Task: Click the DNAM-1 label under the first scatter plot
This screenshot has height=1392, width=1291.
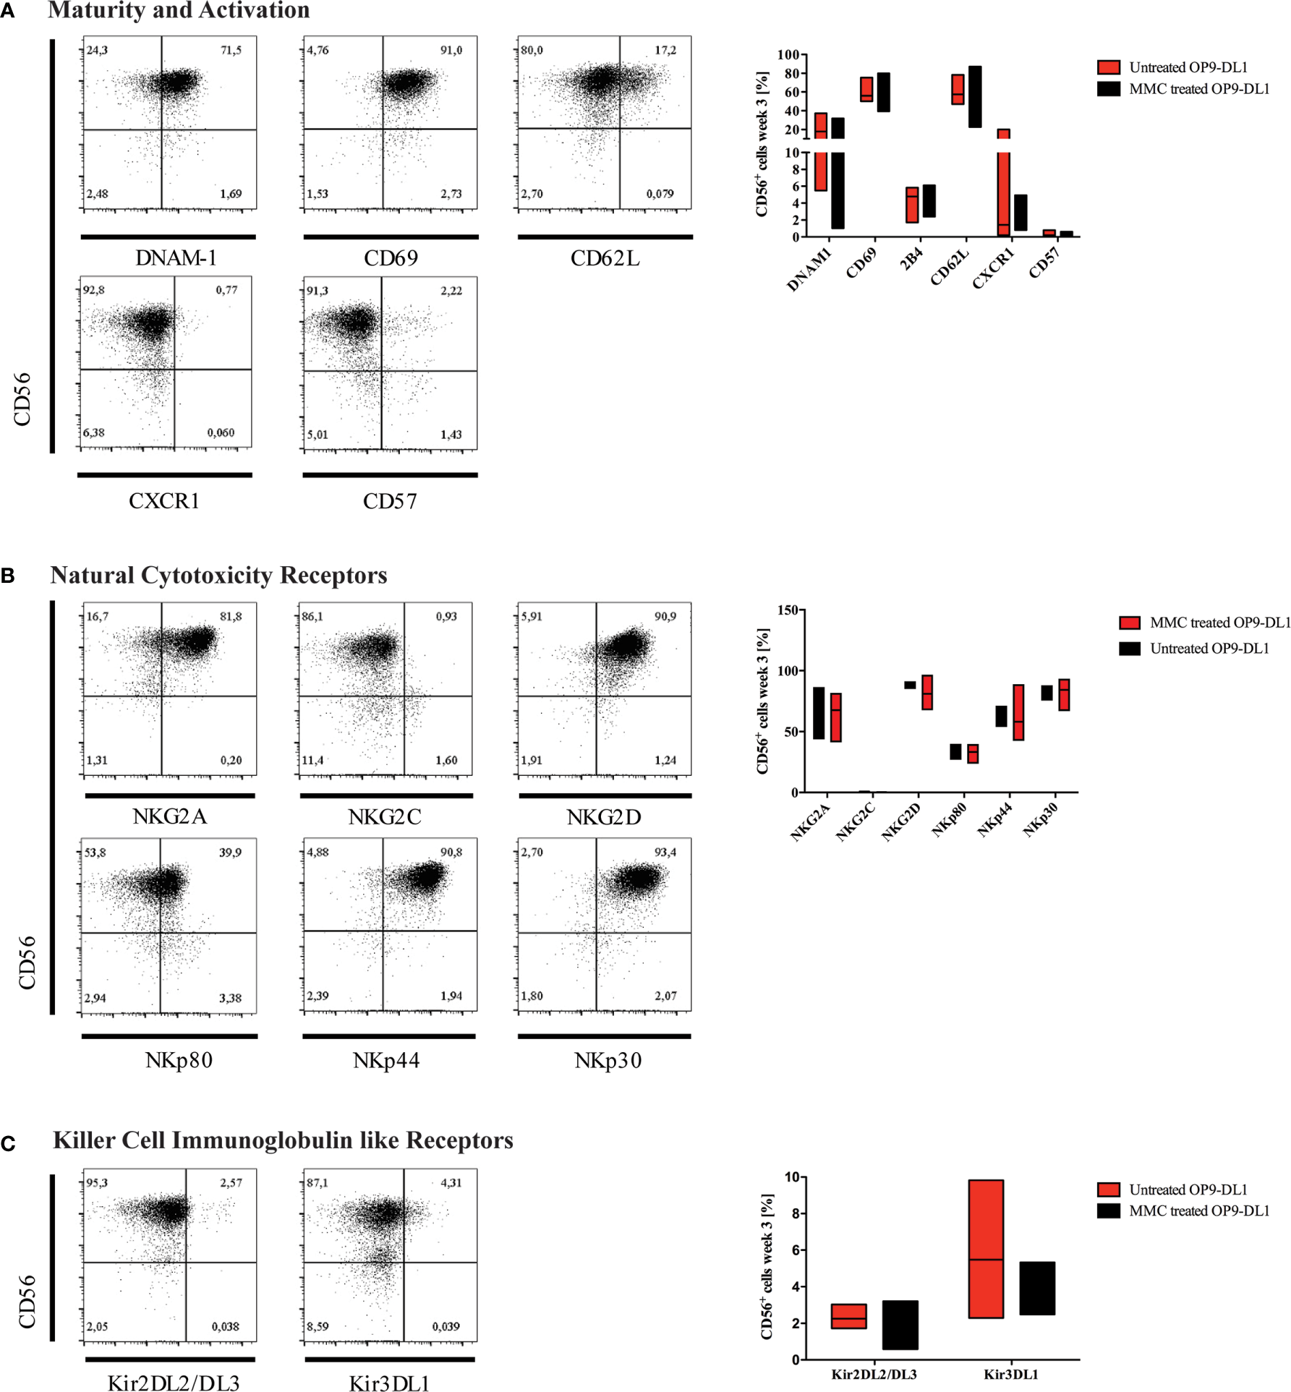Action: (176, 258)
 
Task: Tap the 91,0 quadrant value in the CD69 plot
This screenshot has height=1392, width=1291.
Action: (451, 51)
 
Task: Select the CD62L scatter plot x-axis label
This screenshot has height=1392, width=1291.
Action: (605, 258)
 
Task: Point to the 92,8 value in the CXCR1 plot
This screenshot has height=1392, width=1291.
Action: (93, 290)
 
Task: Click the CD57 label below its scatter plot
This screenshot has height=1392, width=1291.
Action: (390, 501)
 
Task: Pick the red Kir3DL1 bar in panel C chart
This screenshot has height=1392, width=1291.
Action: (985, 1250)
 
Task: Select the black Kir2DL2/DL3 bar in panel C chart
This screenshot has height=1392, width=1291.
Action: (900, 1325)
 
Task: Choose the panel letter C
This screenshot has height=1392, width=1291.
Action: (8, 1144)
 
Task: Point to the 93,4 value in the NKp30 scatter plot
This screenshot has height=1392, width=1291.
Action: (665, 853)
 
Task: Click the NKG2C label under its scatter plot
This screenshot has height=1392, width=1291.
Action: (384, 817)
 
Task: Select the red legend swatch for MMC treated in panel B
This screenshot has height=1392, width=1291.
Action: (1129, 623)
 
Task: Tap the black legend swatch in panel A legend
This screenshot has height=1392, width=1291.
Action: (1108, 89)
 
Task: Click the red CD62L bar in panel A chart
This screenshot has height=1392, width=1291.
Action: (957, 89)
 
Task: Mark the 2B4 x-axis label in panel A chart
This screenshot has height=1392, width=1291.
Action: (911, 259)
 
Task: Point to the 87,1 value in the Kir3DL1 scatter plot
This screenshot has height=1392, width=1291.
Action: (317, 1183)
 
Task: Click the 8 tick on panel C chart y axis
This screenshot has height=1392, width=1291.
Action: (794, 1213)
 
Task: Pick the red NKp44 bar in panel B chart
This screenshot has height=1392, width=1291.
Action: (1018, 712)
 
